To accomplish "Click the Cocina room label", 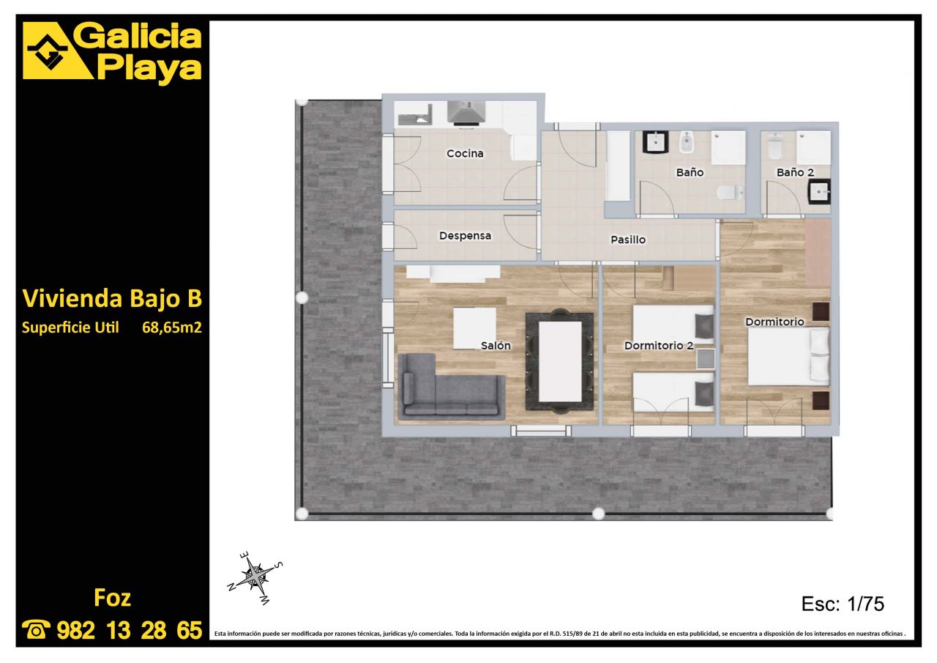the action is point(465,154).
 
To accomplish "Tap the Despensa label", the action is point(465,236).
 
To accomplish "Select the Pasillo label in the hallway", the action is point(628,240).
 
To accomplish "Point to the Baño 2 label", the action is point(795,172).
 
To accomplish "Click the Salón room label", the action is point(496,345).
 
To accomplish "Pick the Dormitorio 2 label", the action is point(659,345).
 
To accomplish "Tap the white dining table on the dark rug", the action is point(560,362).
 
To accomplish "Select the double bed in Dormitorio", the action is point(788,356).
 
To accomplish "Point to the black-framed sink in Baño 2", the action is point(819,192).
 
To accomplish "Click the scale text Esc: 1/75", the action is point(843,604).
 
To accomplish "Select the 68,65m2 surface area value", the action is point(172,327).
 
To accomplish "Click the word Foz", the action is point(112,598).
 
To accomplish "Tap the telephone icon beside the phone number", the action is point(36,629).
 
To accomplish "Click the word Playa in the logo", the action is point(149,68).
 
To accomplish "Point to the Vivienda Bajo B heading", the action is point(112,298).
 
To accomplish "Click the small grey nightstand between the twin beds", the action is point(705,359).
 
